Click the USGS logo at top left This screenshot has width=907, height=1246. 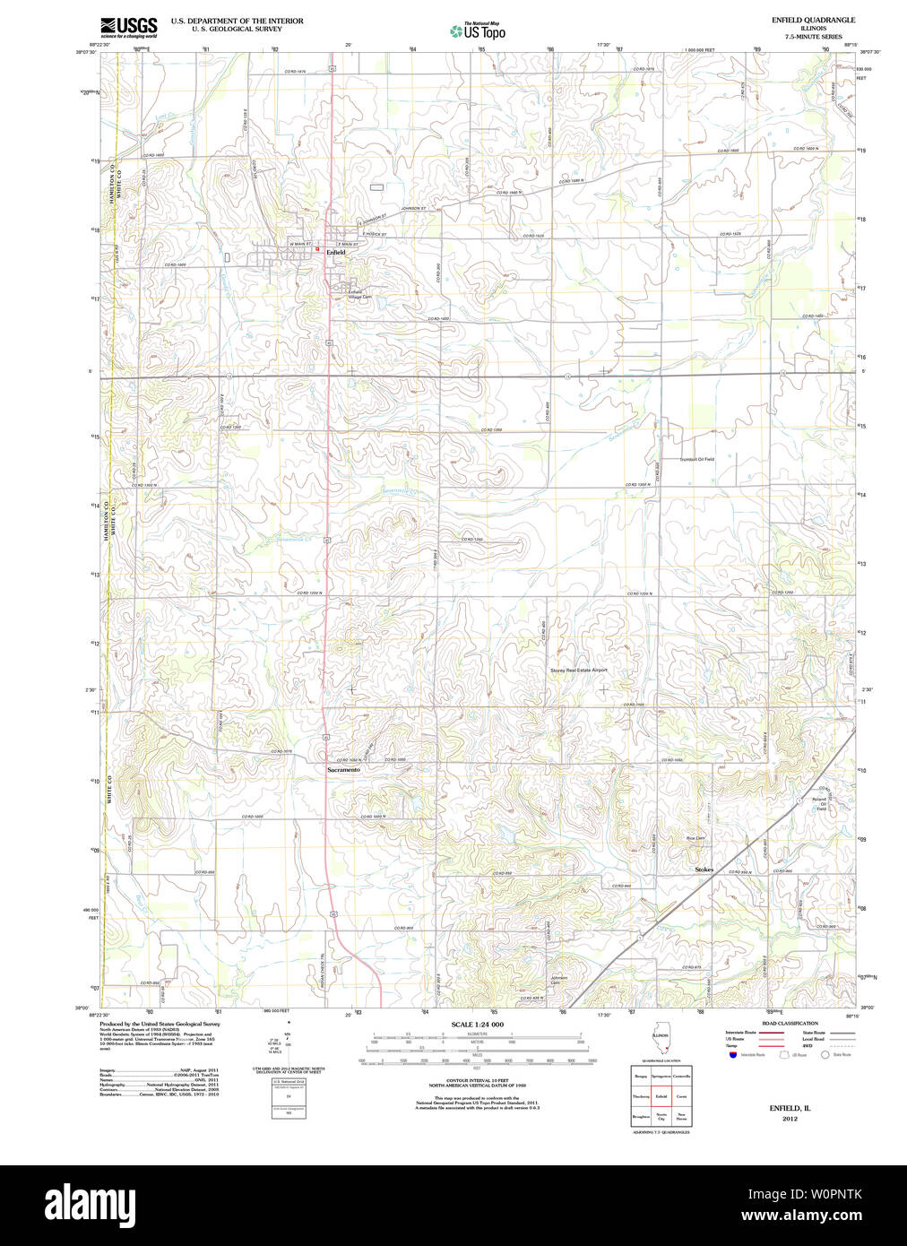click(129, 27)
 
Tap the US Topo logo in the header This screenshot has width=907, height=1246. click(478, 31)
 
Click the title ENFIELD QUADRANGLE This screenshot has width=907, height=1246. click(813, 20)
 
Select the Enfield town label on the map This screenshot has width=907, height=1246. click(335, 253)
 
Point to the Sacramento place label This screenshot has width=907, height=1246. click(343, 770)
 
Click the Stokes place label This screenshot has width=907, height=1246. click(704, 870)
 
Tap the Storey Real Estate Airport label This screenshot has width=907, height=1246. click(578, 670)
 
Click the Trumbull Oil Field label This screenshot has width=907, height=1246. click(696, 459)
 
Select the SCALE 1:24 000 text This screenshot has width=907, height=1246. click(477, 1025)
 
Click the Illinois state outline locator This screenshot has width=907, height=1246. click(661, 1043)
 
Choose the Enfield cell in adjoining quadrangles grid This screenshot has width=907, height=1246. click(661, 1096)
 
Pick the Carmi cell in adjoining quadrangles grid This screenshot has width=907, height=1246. click(682, 1096)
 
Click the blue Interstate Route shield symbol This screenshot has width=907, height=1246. click(732, 1055)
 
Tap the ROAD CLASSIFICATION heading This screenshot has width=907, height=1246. click(790, 1023)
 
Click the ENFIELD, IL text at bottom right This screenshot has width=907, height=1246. click(790, 1109)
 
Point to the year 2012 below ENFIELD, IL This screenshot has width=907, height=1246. click(790, 1119)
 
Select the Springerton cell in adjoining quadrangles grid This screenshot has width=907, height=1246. click(661, 1075)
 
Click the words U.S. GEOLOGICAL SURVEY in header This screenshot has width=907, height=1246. click(237, 29)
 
